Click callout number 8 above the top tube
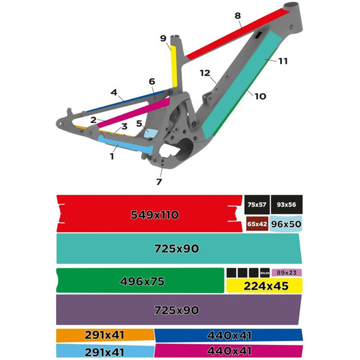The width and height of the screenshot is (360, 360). coord(237,15)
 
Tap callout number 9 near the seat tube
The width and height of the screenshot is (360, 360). coord(162,38)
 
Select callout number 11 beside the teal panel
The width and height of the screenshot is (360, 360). coord(283,61)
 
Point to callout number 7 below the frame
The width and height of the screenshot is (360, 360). coord(159,182)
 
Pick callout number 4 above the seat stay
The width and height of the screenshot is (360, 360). coord(114,93)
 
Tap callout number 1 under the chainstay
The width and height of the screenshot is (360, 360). coord(112,156)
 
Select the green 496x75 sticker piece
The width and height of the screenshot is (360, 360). coord(140,281)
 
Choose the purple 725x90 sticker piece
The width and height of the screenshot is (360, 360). coord(176,310)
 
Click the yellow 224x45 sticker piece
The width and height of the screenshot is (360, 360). coord(264,285)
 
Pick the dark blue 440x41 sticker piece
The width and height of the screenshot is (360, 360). coord(228,335)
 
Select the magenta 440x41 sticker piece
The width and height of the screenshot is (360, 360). coord(228,351)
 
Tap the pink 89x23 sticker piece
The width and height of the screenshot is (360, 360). coord(287,273)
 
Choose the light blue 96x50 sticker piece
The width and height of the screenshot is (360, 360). coord(287,224)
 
